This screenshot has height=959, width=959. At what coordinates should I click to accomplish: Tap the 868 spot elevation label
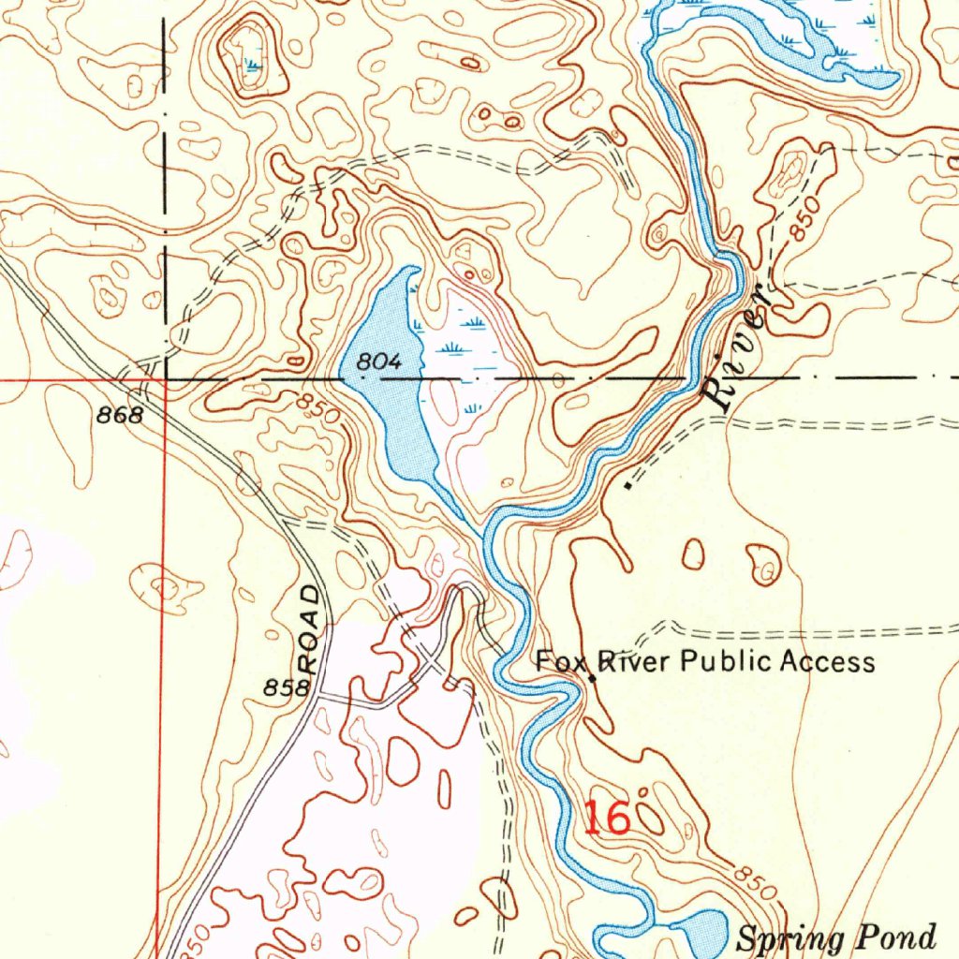point(121,415)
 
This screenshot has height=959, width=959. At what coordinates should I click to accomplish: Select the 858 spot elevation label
point(286,688)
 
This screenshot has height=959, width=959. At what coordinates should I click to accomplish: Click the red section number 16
point(606,819)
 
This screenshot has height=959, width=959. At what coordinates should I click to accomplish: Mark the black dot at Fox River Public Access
point(592,678)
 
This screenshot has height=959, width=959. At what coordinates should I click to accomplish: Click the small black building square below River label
point(627,486)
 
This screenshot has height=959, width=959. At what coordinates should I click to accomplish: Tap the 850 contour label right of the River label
point(802,219)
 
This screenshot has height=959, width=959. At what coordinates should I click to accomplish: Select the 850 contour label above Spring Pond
point(756,882)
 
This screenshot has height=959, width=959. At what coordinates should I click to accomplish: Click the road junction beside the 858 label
point(317,696)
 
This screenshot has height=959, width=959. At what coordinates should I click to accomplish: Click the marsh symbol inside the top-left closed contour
point(251,64)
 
